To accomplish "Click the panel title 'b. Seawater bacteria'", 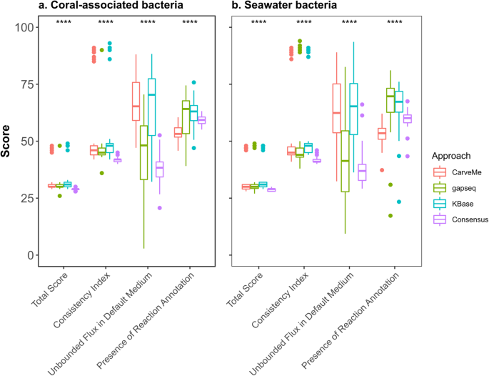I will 286,7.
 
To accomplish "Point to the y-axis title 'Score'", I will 8,141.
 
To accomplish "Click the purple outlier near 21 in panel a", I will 160,208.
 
